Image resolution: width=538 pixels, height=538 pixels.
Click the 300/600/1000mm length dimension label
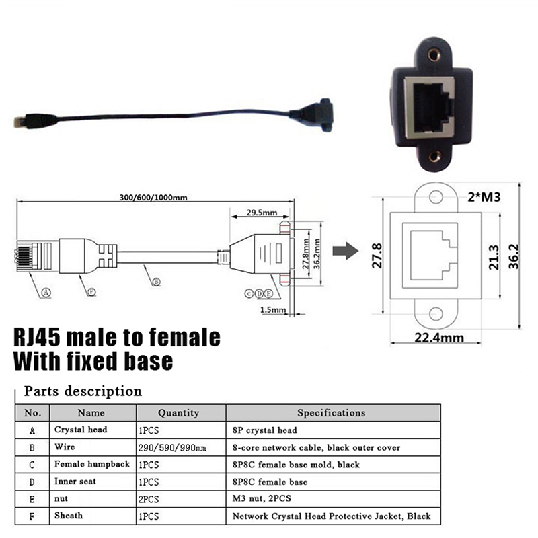coord(154,197)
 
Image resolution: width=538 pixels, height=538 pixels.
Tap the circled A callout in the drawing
coord(46,292)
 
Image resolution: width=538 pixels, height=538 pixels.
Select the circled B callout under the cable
coord(155,282)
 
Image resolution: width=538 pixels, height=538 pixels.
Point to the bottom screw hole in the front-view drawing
coord(436,313)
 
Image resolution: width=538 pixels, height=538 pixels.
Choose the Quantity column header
coord(178,413)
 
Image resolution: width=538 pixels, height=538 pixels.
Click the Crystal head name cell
coord(80,430)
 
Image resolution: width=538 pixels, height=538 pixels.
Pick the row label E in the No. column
coord(32,499)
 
